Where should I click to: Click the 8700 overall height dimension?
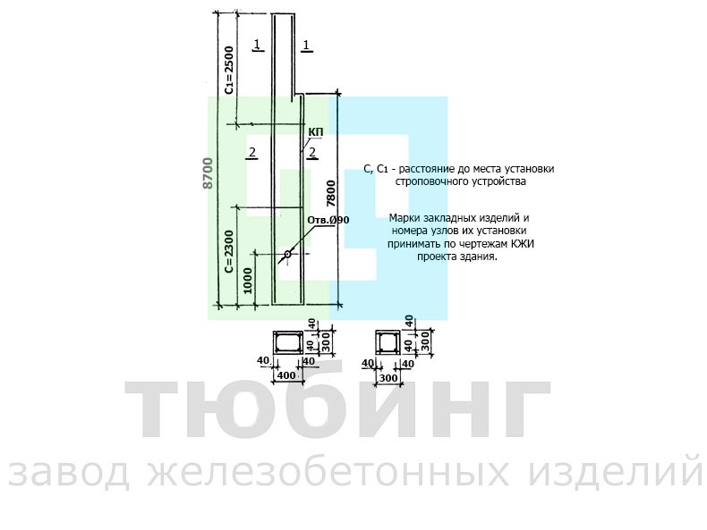pyautogui.click(x=208, y=172)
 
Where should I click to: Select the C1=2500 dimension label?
pyautogui.click(x=229, y=70)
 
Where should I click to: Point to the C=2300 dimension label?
pyautogui.click(x=229, y=251)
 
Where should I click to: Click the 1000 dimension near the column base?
pyautogui.click(x=248, y=281)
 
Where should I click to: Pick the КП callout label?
pyautogui.click(x=316, y=131)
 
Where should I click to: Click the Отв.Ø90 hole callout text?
pyautogui.click(x=328, y=220)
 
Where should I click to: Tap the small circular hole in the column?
pyautogui.click(x=287, y=255)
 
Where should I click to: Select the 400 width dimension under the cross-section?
pyautogui.click(x=286, y=375)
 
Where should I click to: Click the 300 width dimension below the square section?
pyautogui.click(x=388, y=377)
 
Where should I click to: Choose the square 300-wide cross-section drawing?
pyautogui.click(x=388, y=343)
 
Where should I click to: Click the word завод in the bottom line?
pyautogui.click(x=69, y=472)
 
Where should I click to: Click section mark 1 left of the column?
pyautogui.click(x=257, y=45)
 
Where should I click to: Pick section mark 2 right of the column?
pyautogui.click(x=312, y=153)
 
